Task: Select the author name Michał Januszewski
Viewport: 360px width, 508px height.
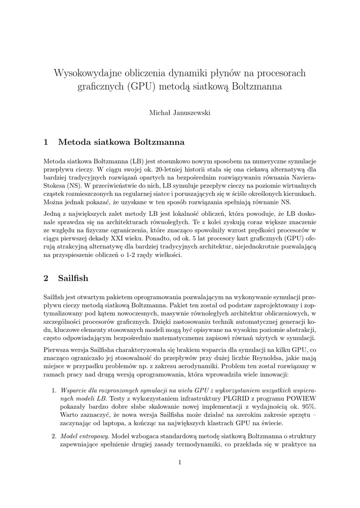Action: point(180,113)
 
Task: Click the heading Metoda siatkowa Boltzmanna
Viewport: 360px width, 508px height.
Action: point(121,142)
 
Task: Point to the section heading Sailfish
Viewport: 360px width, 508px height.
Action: point(73,278)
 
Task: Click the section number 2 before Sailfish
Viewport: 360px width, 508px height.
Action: point(46,278)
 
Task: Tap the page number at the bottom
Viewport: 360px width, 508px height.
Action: point(180,462)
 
